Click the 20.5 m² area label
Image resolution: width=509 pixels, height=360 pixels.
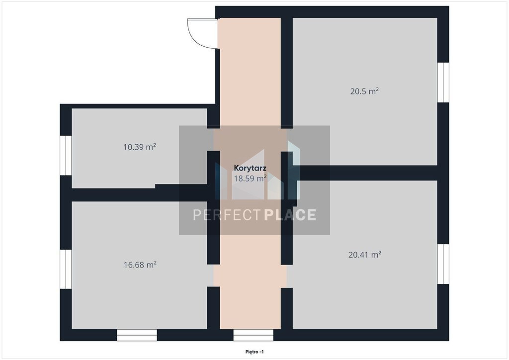pos(364,91)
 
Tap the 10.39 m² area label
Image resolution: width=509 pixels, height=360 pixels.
pos(140,147)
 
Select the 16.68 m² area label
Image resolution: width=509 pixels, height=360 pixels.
pos(140,265)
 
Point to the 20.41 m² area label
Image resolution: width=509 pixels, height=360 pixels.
pos(364,255)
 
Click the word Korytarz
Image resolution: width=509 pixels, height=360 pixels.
pos(251,168)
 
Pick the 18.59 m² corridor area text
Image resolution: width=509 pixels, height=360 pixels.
pos(251,178)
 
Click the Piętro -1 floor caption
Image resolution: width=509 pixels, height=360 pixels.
pos(254,352)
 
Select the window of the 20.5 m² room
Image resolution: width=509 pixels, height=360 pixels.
pos(443,82)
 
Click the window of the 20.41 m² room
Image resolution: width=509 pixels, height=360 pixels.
pos(443,264)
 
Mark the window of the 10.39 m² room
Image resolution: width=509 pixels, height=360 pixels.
pos(66,155)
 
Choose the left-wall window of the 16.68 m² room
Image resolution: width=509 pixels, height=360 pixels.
pos(66,269)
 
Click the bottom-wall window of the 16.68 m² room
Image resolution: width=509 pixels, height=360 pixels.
pos(137,335)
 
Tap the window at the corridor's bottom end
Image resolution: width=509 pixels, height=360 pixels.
pos(253,335)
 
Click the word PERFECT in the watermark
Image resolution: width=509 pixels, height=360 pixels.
pos(227,215)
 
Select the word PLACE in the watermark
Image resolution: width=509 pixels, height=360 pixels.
pos(290,215)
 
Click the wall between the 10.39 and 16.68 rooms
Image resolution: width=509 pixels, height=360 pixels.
pos(139,194)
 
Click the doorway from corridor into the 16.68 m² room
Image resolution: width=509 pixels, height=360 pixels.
pos(213,275)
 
